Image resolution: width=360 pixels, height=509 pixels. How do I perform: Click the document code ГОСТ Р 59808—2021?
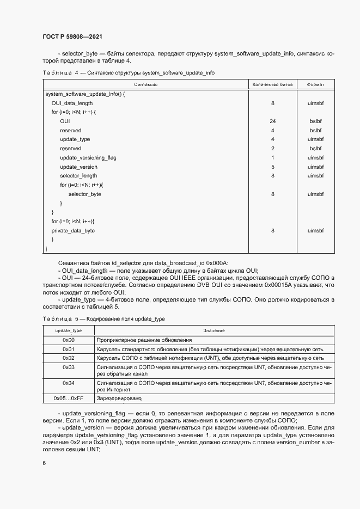[x=72, y=36]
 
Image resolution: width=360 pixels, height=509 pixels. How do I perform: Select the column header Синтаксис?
[x=145, y=85]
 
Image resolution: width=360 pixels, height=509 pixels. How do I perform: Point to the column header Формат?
[x=315, y=85]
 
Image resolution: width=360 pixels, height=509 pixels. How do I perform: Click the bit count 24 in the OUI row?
[x=272, y=121]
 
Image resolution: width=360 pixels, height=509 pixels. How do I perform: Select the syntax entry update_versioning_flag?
[x=88, y=158]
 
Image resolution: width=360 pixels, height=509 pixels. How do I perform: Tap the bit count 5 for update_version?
[x=272, y=167]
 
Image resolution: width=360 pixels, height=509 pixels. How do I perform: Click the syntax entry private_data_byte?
[x=73, y=231]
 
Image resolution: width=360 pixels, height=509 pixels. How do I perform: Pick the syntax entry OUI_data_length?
[x=72, y=103]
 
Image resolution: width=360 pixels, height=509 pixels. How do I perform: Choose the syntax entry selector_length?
[x=78, y=176]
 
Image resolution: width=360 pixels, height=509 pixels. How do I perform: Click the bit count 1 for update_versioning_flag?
[x=272, y=158]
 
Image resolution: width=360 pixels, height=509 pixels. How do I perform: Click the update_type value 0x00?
[x=69, y=340]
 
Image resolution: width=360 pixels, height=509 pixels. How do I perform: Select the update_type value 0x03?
[x=69, y=367]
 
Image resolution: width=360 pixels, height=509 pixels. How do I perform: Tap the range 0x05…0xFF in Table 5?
[x=69, y=398]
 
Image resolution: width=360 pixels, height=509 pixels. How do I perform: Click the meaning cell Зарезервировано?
[x=119, y=398]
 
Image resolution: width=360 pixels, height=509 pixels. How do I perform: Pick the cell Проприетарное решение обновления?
[x=141, y=340]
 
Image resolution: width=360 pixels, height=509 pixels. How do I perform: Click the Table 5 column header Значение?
[x=214, y=330]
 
